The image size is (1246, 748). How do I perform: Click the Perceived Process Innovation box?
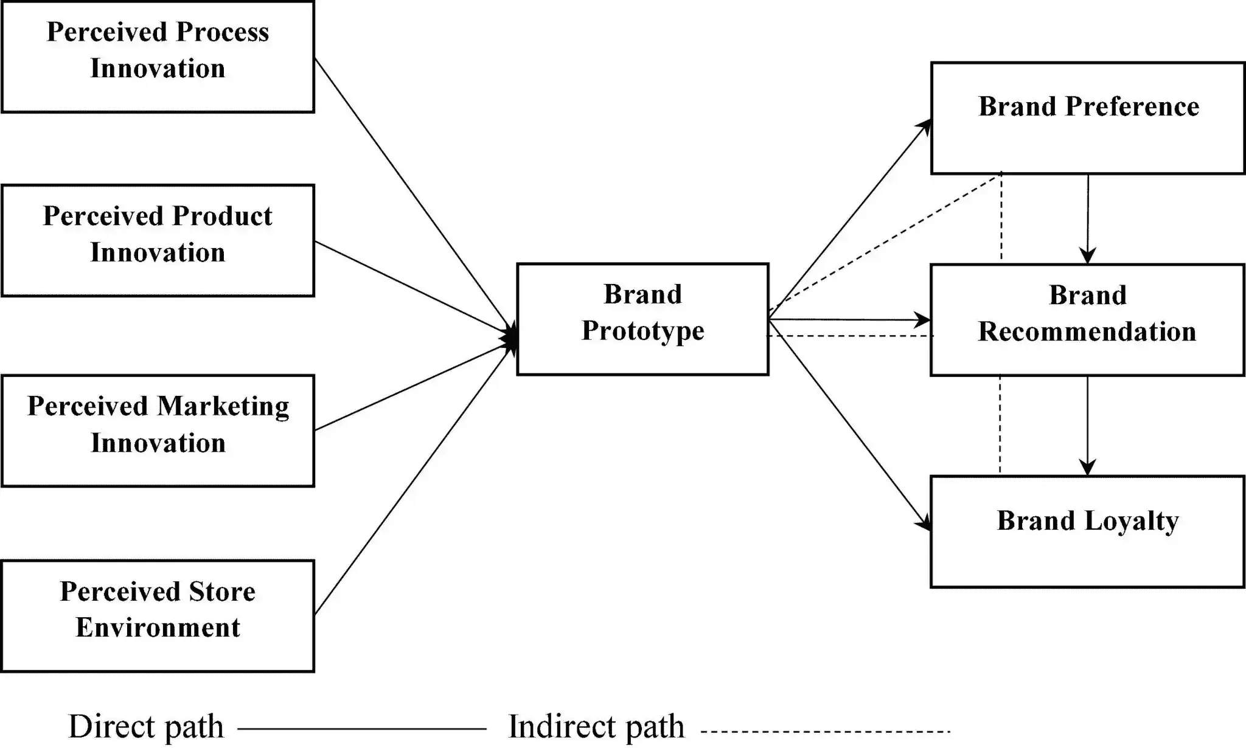[x=158, y=57]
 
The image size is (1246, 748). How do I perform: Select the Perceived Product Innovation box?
[x=158, y=240]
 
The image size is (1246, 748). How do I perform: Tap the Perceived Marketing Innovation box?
[x=158, y=431]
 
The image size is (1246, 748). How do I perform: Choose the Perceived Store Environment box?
[x=158, y=615]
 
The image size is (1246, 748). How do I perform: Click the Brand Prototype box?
[x=642, y=319]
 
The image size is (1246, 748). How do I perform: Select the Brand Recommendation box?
[x=1087, y=319]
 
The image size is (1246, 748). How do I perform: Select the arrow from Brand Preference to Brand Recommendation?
[x=1088, y=219]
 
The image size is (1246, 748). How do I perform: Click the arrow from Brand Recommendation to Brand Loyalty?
[x=1087, y=426]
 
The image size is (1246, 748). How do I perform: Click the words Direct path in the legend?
[x=146, y=727]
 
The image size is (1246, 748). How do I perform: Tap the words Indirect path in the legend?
[x=596, y=727]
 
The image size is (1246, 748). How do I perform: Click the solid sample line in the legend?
[x=362, y=728]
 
